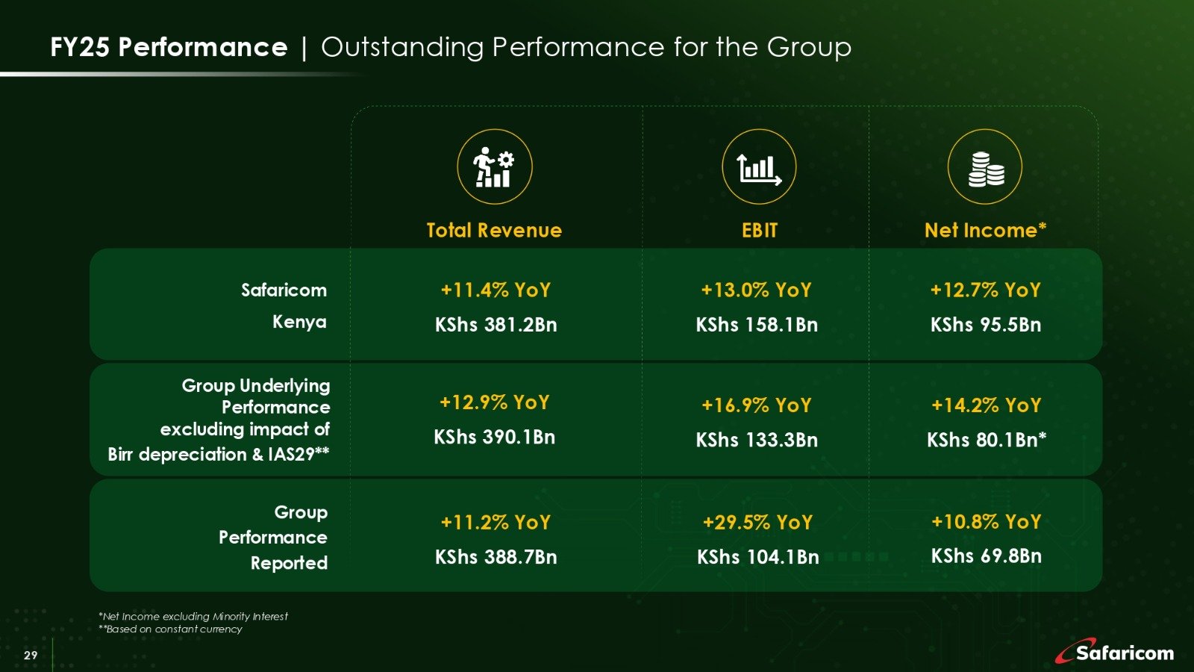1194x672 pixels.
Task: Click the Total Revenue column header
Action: [x=494, y=230]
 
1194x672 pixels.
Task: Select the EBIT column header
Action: [x=760, y=230]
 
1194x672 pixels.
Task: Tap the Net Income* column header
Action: [x=985, y=230]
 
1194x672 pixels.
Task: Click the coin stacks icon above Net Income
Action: [x=985, y=167]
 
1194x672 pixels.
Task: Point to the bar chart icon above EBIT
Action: [x=759, y=167]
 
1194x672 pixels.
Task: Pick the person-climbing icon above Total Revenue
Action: [x=494, y=167]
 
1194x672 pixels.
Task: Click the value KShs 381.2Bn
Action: [x=496, y=325]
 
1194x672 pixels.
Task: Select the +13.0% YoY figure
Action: [x=756, y=290]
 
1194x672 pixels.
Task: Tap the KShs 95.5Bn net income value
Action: [x=986, y=325]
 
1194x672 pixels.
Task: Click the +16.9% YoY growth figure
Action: [x=756, y=405]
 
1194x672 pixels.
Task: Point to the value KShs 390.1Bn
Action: [x=495, y=437]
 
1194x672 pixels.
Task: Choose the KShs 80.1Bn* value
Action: [x=986, y=440]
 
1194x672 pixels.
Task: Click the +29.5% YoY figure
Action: [x=757, y=523]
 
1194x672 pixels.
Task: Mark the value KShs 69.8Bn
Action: [x=986, y=556]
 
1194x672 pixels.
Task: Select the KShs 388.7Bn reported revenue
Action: [x=496, y=557]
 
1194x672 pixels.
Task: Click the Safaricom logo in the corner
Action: [x=1115, y=652]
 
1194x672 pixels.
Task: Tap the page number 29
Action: [x=31, y=656]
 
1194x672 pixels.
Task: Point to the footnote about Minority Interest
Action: [x=193, y=616]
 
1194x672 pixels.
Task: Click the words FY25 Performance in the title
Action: [x=169, y=48]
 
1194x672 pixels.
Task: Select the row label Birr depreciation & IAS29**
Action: [x=219, y=455]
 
